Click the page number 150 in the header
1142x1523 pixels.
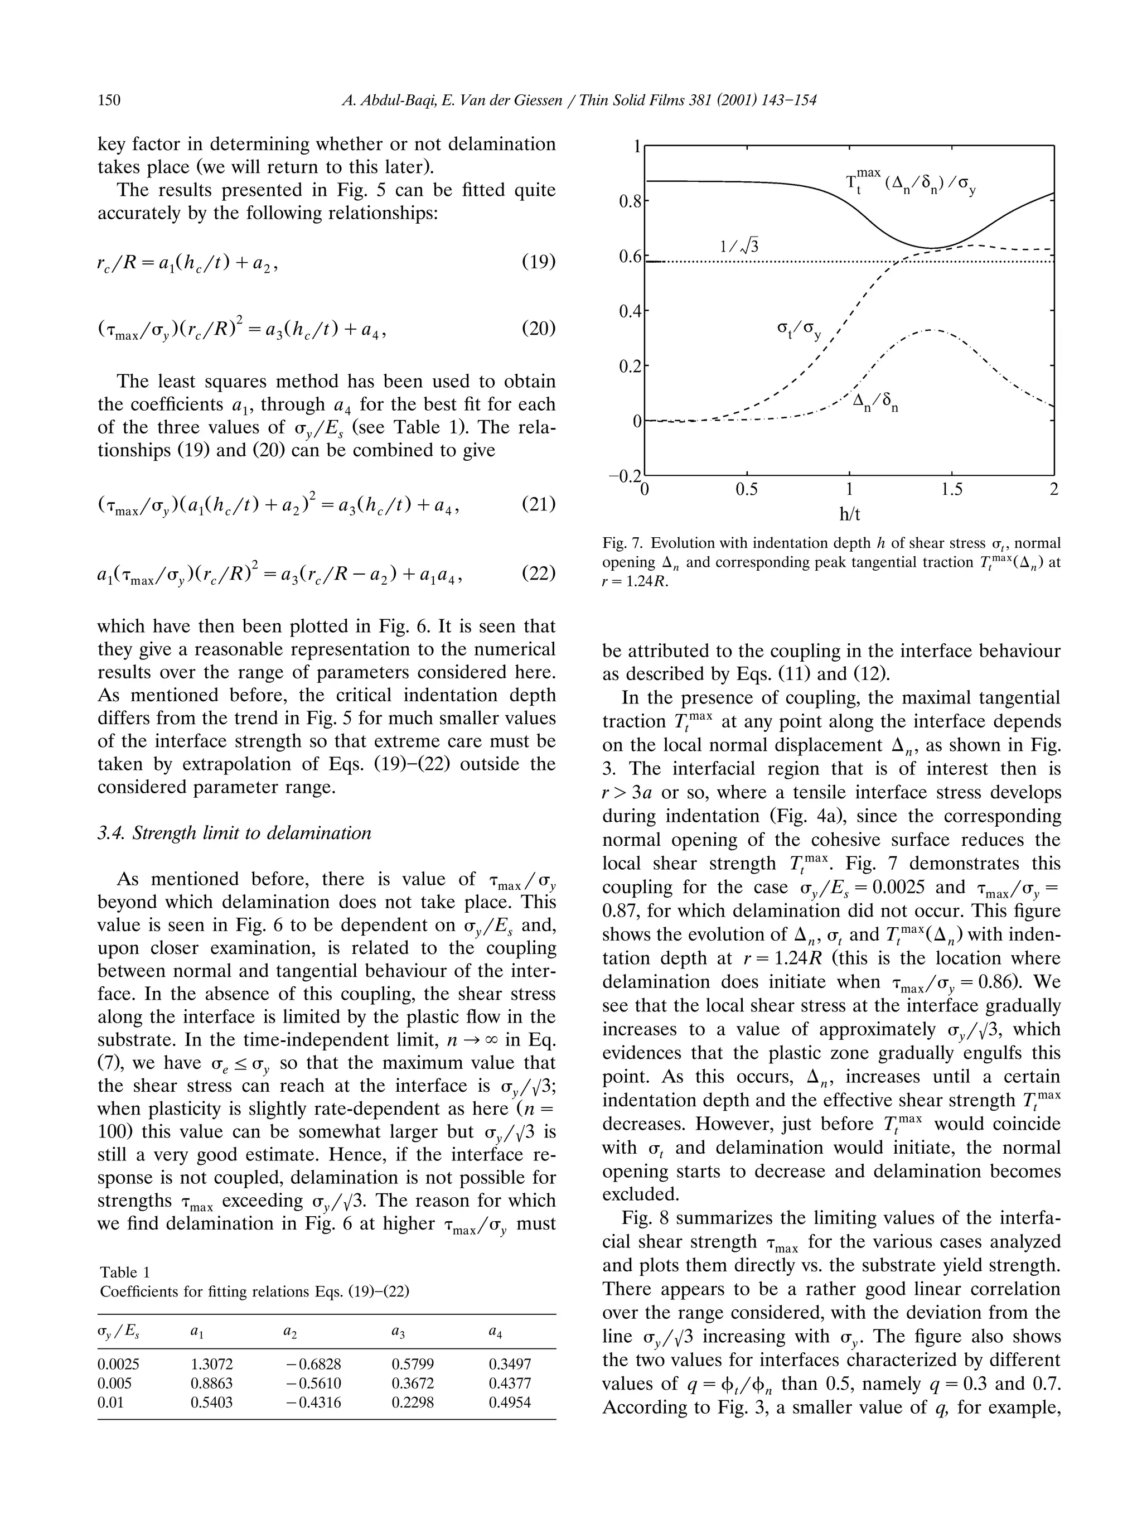pyautogui.click(x=109, y=100)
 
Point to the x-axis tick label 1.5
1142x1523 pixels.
pyautogui.click(x=951, y=490)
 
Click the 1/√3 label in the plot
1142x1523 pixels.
pyautogui.click(x=739, y=245)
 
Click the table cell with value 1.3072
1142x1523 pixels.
pyautogui.click(x=211, y=1364)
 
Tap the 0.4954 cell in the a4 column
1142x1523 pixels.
pyautogui.click(x=510, y=1402)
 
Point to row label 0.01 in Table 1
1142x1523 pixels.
pyautogui.click(x=111, y=1402)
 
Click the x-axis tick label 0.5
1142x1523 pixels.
pyautogui.click(x=747, y=490)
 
